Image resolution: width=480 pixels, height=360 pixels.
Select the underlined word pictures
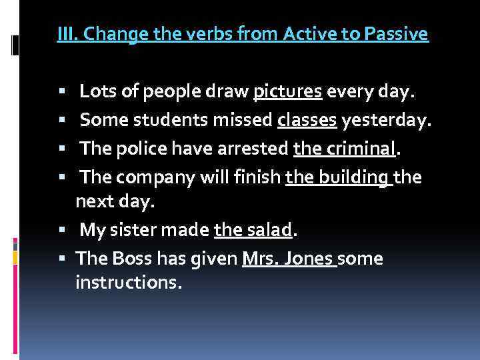click(288, 92)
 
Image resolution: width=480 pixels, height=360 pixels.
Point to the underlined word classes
click(307, 121)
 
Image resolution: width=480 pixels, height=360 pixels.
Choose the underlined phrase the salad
click(253, 231)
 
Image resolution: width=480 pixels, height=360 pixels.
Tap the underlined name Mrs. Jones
click(288, 259)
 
